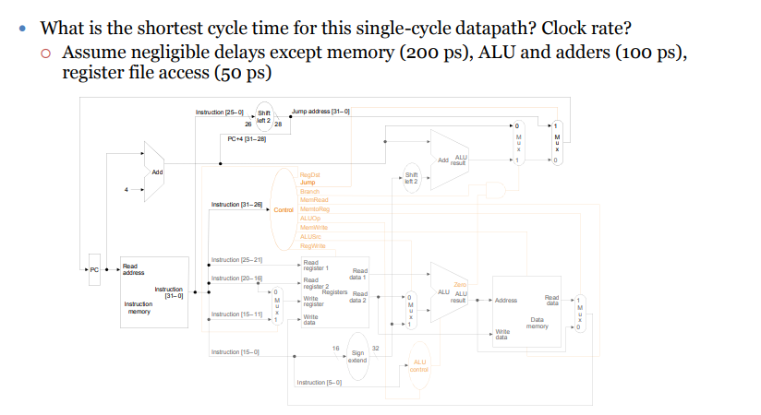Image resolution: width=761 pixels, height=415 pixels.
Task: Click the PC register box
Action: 92,269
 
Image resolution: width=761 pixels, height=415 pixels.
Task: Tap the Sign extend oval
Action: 357,356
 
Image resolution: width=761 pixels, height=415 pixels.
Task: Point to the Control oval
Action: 283,209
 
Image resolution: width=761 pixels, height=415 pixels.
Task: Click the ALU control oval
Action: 420,366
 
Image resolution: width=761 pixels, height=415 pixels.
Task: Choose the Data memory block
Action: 526,311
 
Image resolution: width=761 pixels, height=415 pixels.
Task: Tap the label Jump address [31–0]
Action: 320,111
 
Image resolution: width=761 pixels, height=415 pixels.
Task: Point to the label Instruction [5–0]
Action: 319,382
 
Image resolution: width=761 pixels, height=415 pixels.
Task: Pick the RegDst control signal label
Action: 309,174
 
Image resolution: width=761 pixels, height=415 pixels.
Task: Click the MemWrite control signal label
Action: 315,227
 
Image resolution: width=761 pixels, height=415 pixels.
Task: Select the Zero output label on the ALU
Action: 459,284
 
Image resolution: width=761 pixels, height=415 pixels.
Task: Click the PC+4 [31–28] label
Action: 246,139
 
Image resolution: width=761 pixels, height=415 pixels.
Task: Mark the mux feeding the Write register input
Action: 274,306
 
